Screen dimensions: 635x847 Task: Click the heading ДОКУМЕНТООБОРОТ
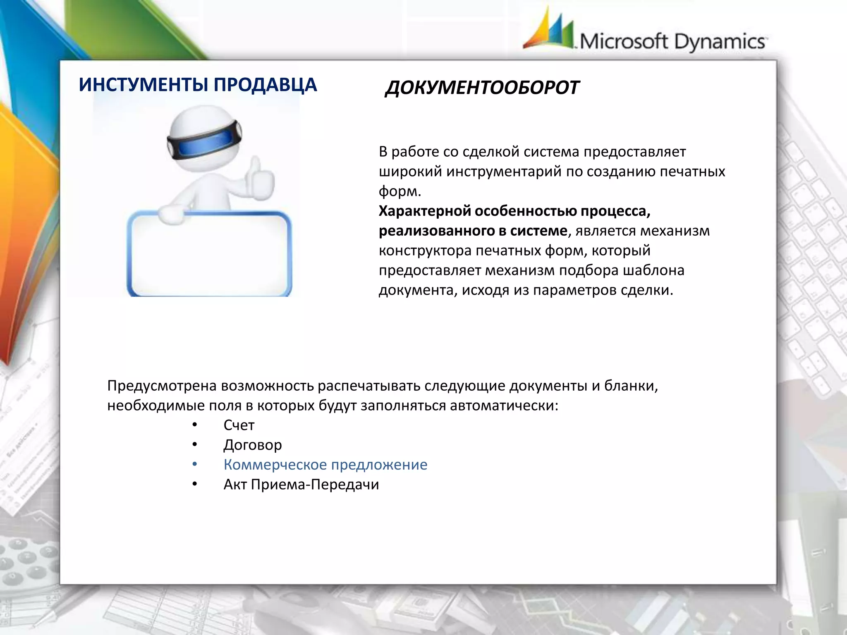(x=482, y=88)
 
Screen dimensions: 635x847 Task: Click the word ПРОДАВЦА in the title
(x=265, y=85)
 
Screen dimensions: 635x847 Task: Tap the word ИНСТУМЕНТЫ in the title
(x=144, y=85)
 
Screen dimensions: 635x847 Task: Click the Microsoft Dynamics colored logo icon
(x=549, y=30)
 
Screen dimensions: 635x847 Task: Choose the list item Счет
(x=239, y=425)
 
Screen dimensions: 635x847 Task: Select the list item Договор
(x=253, y=445)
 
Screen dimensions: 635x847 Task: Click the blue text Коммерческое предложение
(x=325, y=465)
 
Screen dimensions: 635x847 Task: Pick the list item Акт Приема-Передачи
(x=301, y=485)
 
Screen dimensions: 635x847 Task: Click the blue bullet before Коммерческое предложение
(x=195, y=465)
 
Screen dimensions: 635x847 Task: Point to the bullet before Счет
(x=195, y=425)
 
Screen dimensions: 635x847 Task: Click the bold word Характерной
(x=424, y=211)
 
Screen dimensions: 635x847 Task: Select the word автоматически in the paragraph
(x=504, y=406)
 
